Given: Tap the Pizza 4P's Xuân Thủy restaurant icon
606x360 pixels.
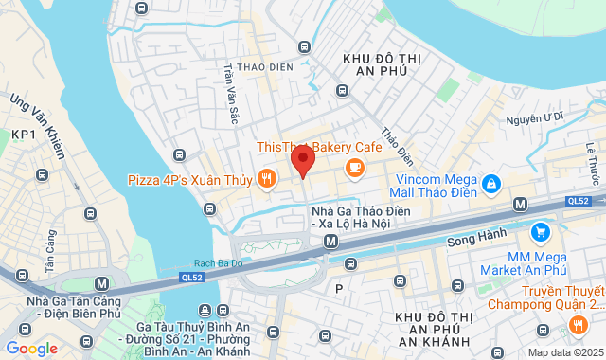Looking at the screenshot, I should click(268, 177).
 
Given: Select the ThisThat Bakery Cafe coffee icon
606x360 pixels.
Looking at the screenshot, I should click(355, 168).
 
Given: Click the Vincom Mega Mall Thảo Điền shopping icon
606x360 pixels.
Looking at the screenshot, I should click(490, 183).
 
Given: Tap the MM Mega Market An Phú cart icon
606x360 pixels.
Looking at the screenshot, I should click(540, 231).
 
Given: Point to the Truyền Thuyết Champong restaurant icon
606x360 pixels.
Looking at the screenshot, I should click(578, 325).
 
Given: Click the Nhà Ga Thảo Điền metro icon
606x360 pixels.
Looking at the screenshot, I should click(330, 241).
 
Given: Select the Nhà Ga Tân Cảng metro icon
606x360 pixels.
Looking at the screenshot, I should click(100, 282).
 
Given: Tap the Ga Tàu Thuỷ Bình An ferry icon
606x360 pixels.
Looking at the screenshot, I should click(205, 310).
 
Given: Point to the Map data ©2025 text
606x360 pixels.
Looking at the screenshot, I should click(564, 352).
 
